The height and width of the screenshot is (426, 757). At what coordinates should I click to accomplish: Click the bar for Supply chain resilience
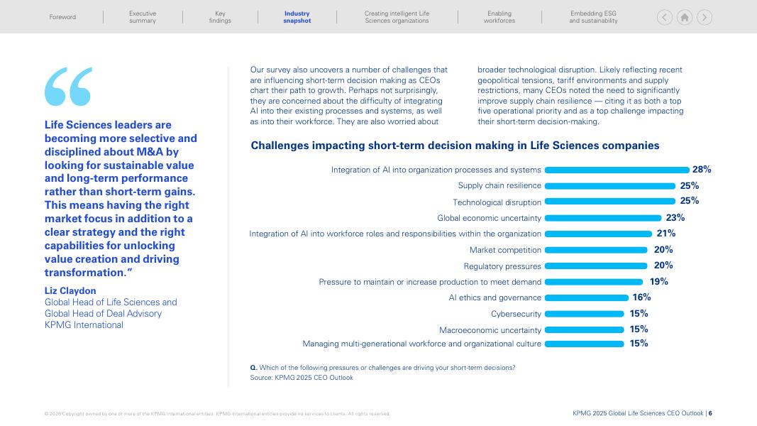(x=609, y=186)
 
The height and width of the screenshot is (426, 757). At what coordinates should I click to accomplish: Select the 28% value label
(x=702, y=170)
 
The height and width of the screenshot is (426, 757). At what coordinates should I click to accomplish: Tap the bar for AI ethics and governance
(x=586, y=298)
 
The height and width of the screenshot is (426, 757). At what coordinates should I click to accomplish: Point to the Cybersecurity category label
(x=516, y=314)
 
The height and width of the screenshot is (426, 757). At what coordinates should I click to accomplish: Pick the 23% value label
(x=675, y=218)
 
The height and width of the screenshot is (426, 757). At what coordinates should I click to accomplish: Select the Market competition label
(x=505, y=250)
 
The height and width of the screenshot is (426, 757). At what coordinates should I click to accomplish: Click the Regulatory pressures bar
(x=595, y=266)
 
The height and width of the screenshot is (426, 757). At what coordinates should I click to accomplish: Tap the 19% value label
(x=658, y=282)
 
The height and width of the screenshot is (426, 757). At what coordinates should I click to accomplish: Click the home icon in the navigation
(x=685, y=17)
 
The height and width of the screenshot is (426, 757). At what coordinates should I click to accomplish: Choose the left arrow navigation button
(x=665, y=17)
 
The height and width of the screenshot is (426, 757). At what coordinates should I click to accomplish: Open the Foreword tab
(x=62, y=17)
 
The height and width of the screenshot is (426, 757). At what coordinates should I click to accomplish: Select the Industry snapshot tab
(x=297, y=17)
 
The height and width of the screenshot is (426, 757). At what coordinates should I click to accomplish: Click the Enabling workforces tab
(x=499, y=17)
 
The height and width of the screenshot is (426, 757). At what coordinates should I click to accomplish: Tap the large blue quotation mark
(x=68, y=87)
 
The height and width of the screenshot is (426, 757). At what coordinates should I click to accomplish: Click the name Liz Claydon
(x=70, y=290)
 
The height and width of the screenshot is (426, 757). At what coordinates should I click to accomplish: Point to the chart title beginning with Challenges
(x=455, y=146)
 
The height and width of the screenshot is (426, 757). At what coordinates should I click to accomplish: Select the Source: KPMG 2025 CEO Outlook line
(x=302, y=378)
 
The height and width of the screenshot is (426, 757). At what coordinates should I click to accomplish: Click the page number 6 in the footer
(x=710, y=413)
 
